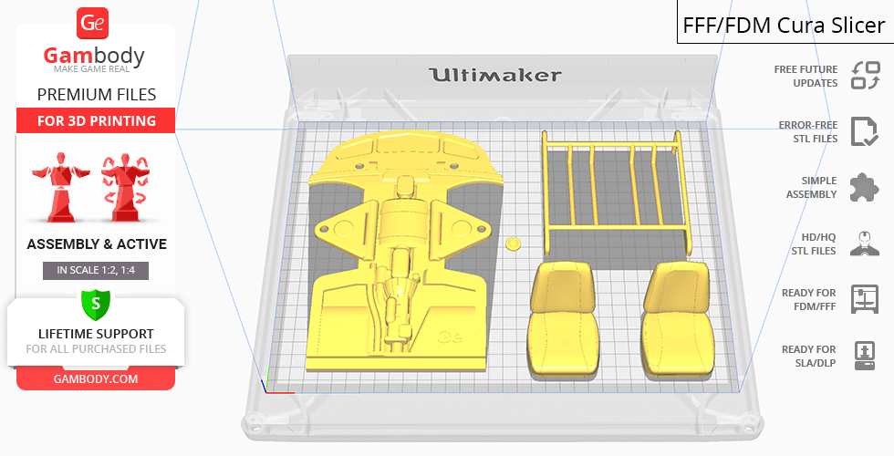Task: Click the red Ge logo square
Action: [92, 23]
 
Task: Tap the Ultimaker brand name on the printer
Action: [494, 75]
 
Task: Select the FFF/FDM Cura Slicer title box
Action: [785, 22]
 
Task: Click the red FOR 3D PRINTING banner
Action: [96, 120]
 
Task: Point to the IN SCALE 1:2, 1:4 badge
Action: [96, 270]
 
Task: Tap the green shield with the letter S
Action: [96, 304]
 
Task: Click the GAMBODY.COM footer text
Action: [96, 379]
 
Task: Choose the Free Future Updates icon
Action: [865, 76]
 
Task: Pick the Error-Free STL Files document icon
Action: [865, 131]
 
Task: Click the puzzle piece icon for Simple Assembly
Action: [865, 187]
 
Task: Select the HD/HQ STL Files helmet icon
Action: [865, 244]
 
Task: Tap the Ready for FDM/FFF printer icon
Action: [865, 299]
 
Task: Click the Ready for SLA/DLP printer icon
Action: [865, 356]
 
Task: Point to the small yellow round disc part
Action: [514, 244]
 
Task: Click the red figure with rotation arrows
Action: [125, 186]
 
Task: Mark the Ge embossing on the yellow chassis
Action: [451, 337]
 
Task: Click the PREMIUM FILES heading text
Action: [97, 94]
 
